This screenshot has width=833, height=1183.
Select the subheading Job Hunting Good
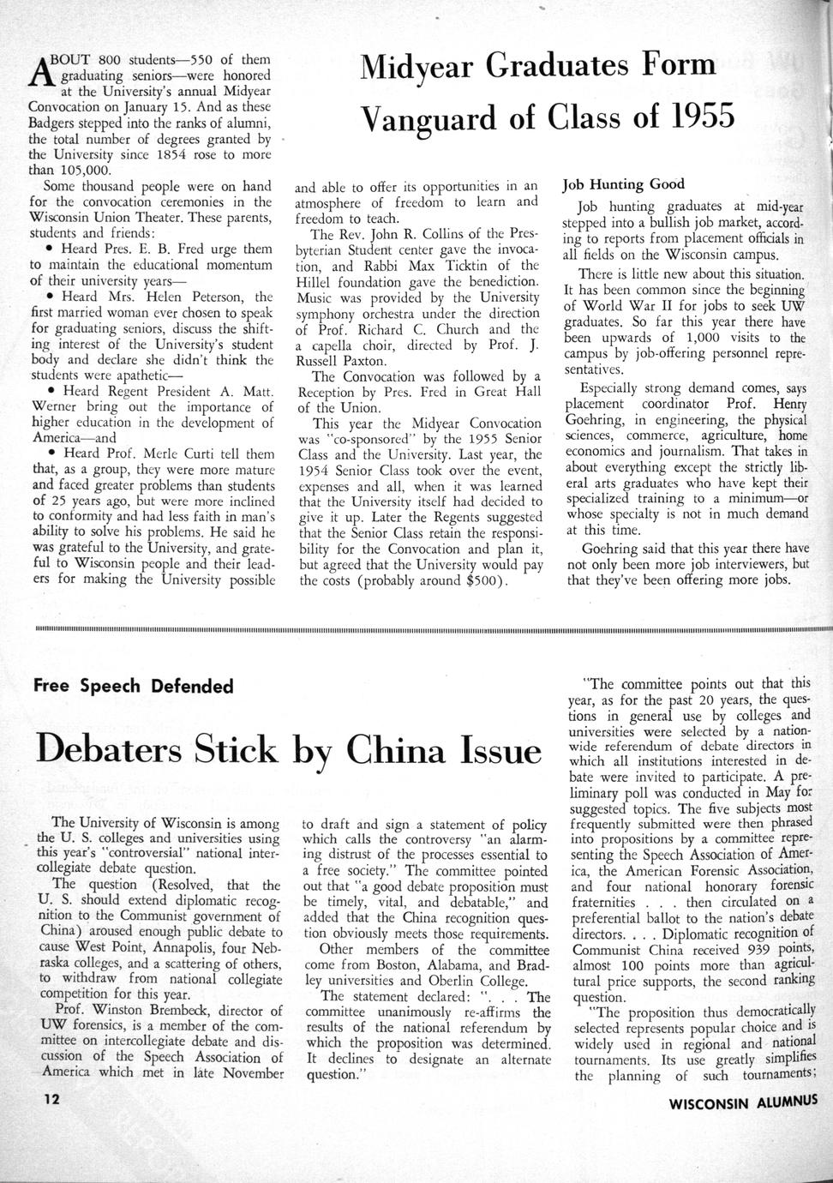pos(622,184)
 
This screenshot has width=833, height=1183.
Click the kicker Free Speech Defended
pos(133,686)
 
